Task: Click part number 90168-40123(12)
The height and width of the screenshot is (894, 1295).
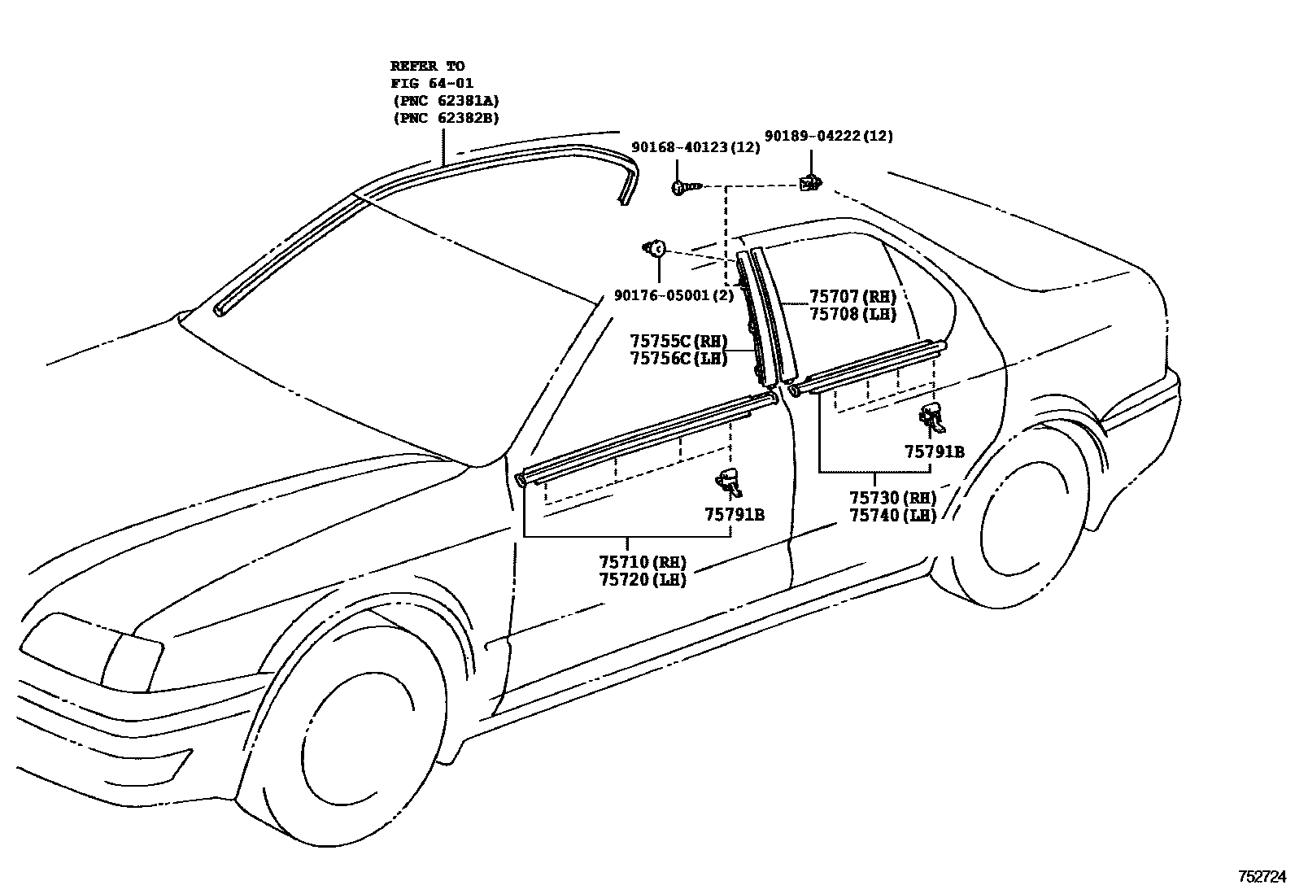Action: tap(695, 147)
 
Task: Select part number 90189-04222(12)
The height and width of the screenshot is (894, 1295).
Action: tap(829, 136)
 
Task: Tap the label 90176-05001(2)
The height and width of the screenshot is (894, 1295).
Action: tap(674, 296)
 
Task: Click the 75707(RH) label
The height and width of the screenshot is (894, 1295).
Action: tap(852, 297)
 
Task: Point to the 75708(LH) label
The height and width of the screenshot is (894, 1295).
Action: tap(852, 314)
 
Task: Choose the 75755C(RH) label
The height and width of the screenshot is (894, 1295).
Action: tap(678, 341)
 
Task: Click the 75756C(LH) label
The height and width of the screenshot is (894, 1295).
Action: tap(678, 358)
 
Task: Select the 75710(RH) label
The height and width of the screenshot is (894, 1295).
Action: tap(643, 562)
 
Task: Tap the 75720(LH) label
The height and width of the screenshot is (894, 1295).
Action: tap(643, 580)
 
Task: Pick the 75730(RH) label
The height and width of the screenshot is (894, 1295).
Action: tap(892, 498)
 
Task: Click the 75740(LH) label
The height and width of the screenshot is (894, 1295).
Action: tap(892, 516)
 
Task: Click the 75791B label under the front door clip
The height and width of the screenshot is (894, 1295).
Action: tap(735, 514)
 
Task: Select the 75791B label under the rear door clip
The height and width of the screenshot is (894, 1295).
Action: tap(935, 451)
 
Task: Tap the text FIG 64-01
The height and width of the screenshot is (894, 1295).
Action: tap(432, 83)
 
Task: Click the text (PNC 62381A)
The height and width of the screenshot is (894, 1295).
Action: tap(446, 101)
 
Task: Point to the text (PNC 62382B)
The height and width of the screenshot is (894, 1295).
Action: tap(446, 118)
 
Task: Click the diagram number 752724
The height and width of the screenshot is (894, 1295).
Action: tap(1262, 877)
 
